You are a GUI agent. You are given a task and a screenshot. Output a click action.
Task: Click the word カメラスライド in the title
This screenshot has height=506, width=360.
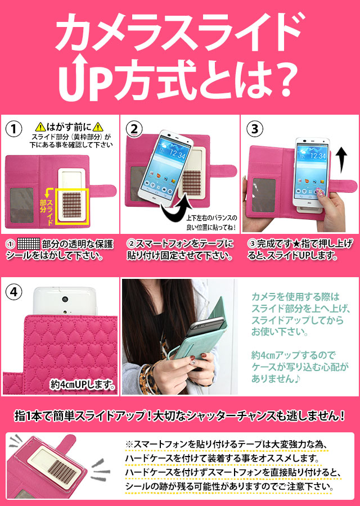tap(180, 31)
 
